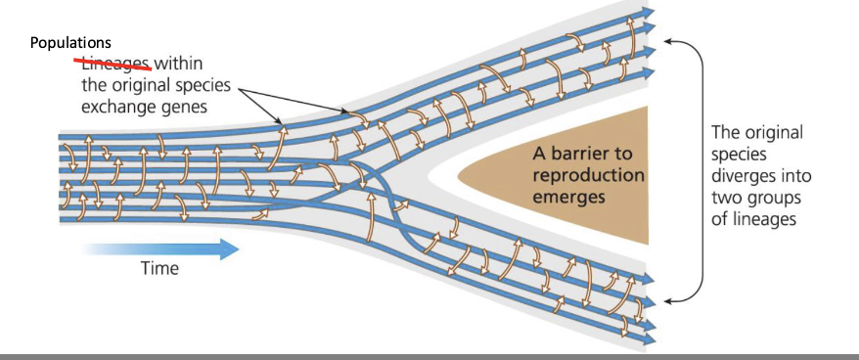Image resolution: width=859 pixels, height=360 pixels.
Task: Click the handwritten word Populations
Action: [x=70, y=44]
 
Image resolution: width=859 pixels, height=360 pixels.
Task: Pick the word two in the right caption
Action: [x=727, y=199]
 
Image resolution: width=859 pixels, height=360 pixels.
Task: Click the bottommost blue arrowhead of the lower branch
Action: [x=649, y=338]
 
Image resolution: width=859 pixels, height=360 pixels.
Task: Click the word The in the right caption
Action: [x=727, y=133]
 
